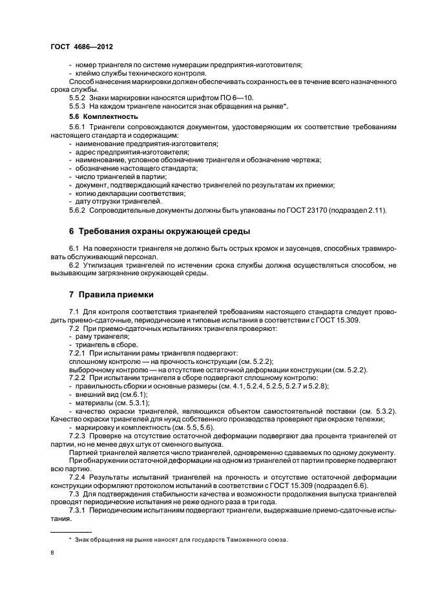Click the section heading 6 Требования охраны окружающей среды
click(x=160, y=231)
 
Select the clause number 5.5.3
click(x=77, y=105)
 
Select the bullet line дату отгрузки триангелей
click(x=116, y=202)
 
